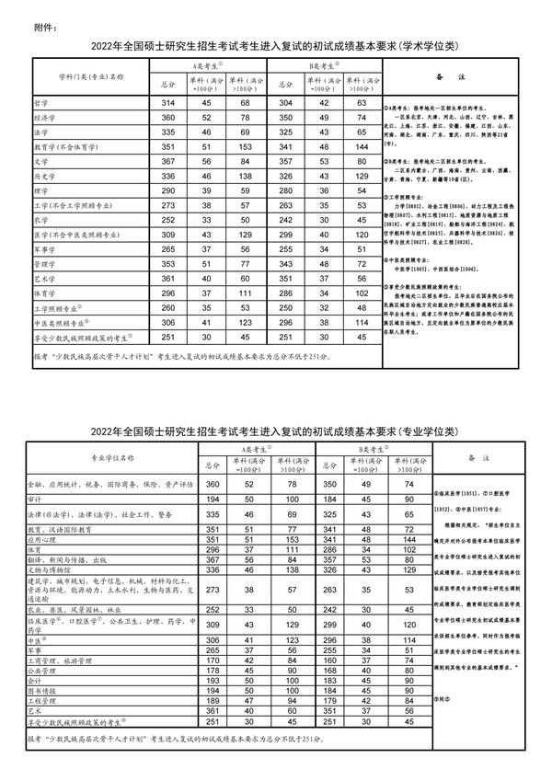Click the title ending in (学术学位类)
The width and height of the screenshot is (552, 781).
(276, 46)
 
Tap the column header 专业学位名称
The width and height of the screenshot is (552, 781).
(111, 457)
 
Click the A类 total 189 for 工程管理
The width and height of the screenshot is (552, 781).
(213, 701)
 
